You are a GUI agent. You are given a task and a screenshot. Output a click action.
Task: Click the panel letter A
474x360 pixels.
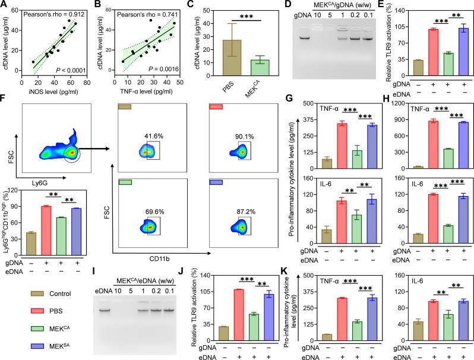(5, 6)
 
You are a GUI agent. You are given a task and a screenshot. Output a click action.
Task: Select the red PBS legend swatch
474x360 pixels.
(18, 309)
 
